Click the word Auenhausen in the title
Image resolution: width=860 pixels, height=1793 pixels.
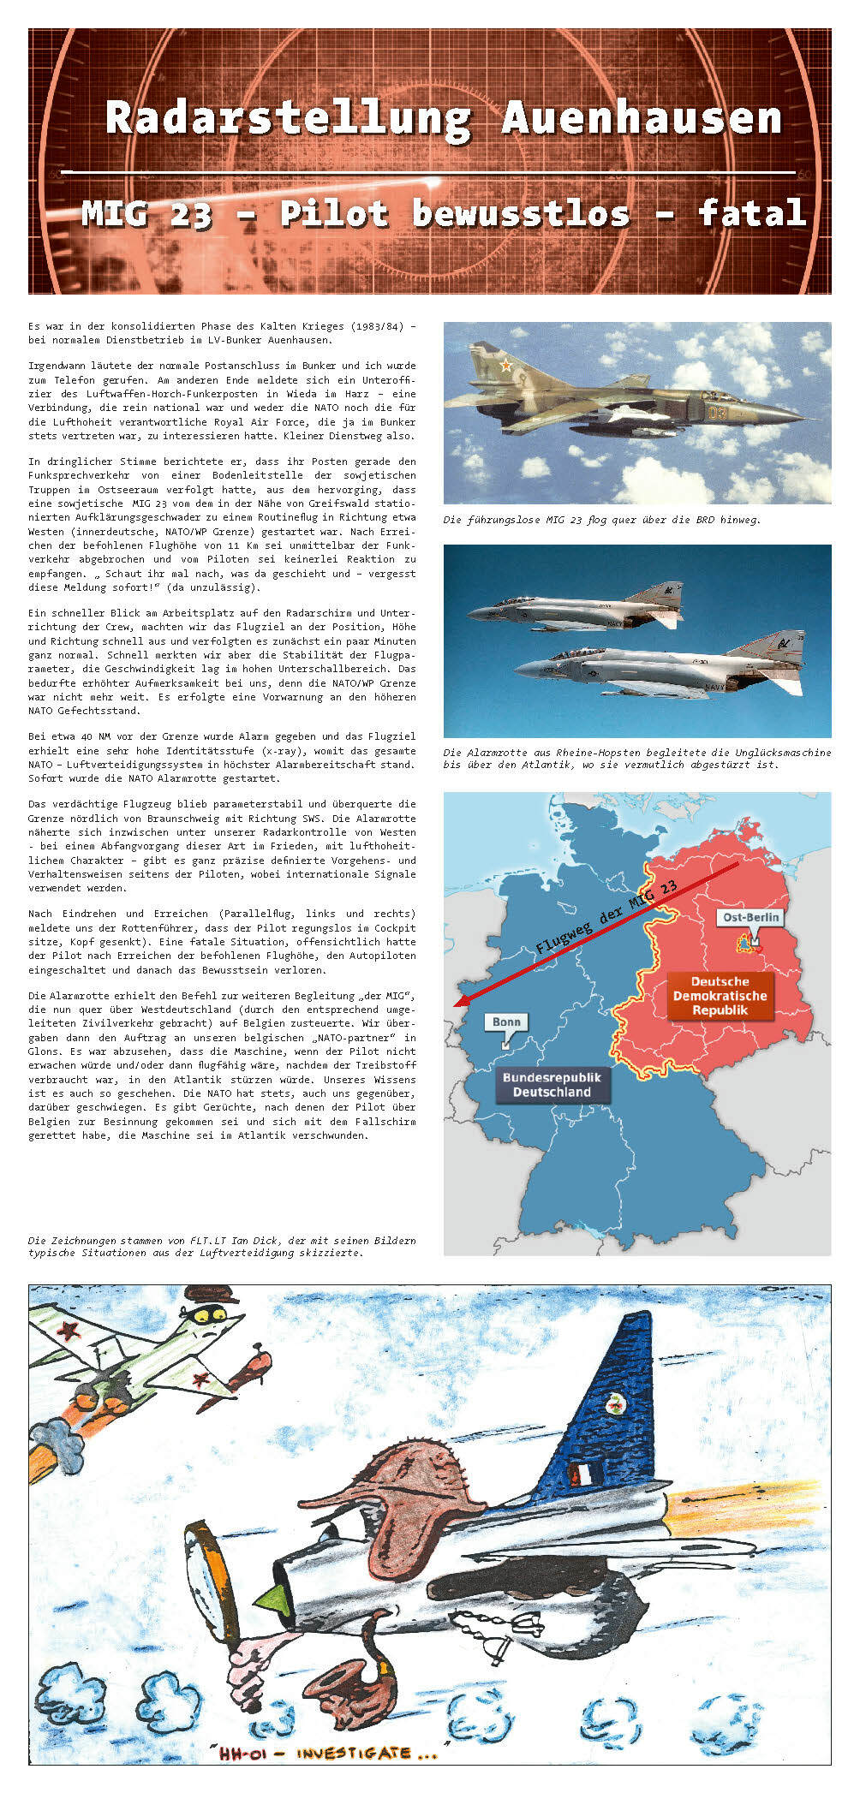point(642,117)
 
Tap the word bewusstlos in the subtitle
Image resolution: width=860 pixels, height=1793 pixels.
point(520,213)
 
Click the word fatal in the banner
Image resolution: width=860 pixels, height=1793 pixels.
point(752,212)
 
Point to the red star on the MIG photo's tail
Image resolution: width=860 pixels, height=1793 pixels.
point(506,366)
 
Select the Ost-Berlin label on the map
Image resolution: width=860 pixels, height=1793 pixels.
point(751,917)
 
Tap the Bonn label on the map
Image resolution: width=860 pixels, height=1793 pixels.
point(506,1022)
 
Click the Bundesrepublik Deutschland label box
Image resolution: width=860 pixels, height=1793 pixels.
point(552,1085)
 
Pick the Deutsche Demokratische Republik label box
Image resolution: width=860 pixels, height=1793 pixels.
point(720,996)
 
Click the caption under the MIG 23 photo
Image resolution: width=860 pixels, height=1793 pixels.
point(601,520)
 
